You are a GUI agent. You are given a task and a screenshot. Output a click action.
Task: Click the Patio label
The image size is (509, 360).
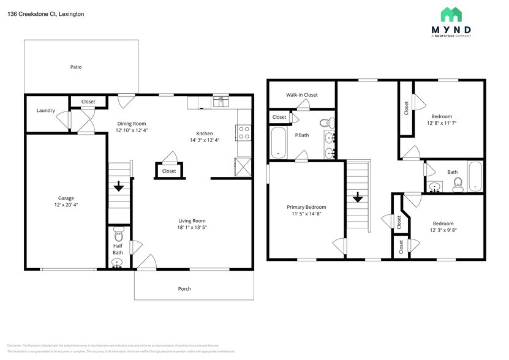click(x=75, y=67)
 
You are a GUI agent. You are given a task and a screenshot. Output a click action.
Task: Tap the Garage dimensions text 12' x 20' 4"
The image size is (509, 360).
click(x=66, y=205)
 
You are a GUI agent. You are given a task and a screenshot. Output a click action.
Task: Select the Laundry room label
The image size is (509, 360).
click(x=46, y=111)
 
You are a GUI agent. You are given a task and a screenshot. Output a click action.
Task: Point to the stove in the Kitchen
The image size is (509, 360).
click(x=243, y=133)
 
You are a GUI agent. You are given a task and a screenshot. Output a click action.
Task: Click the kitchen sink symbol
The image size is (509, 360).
click(x=220, y=101)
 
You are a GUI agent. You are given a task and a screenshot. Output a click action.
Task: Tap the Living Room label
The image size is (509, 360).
click(x=191, y=220)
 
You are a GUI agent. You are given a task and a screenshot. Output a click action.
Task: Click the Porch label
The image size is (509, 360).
click(x=184, y=288)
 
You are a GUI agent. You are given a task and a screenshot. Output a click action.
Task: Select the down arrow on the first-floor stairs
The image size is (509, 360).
click(x=119, y=186)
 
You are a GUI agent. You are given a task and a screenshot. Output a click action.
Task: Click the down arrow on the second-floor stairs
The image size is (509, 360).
click(x=357, y=197)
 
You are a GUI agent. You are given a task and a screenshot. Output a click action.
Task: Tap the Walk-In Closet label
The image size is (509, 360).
click(x=302, y=95)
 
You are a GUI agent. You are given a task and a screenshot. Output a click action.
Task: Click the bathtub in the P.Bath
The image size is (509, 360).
click(x=279, y=143)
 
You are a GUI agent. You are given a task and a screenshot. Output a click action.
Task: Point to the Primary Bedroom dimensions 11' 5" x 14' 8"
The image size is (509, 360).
click(x=306, y=214)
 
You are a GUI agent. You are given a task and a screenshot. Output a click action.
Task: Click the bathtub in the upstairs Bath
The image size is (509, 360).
click(x=475, y=177)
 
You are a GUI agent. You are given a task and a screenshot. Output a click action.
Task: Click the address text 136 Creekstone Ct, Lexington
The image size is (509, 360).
click(x=46, y=14)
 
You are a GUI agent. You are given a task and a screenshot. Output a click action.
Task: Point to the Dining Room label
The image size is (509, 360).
click(x=132, y=123)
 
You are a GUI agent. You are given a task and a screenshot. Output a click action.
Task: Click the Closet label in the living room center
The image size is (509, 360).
click(x=169, y=171)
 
